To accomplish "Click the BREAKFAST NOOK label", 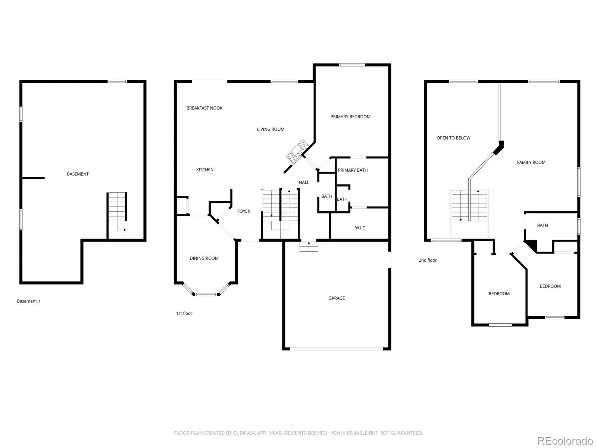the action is click(x=204, y=108).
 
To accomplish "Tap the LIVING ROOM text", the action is click(x=271, y=129).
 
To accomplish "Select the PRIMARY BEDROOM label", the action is click(x=350, y=117).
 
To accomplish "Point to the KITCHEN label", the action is click(x=205, y=170).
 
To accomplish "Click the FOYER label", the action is click(x=244, y=211).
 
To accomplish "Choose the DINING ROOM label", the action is click(x=204, y=258).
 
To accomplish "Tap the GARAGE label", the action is click(x=337, y=298).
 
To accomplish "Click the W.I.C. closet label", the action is click(x=361, y=228).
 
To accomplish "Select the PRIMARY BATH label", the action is click(x=353, y=170).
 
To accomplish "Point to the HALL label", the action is click(x=304, y=182).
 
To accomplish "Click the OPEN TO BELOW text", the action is click(x=453, y=138).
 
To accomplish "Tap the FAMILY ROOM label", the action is click(x=531, y=162).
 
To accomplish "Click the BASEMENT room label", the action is click(x=78, y=174).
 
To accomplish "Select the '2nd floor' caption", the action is click(x=428, y=260).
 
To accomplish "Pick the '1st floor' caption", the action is click(x=184, y=313).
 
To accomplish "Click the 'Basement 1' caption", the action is click(x=29, y=301).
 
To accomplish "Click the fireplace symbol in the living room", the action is click(x=297, y=151).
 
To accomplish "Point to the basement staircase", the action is click(x=117, y=216).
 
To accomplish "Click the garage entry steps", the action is click(x=309, y=247).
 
